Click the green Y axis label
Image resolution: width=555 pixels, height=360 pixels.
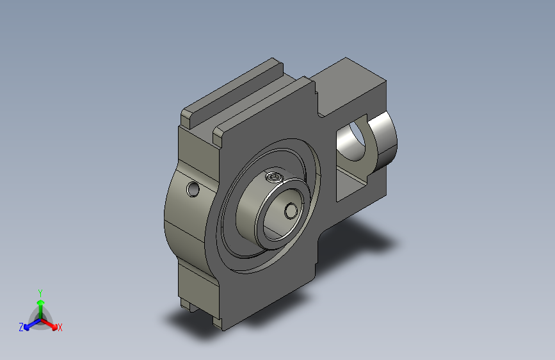pyautogui.click(x=40, y=293)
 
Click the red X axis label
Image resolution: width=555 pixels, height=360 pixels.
pyautogui.click(x=60, y=327)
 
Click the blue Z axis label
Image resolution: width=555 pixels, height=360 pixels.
pyautogui.click(x=21, y=327)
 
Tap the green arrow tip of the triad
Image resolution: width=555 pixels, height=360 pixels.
pyautogui.click(x=41, y=302)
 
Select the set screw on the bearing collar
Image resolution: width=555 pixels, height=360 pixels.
pyautogui.click(x=275, y=176)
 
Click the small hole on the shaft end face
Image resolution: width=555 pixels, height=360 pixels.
pyautogui.click(x=291, y=211)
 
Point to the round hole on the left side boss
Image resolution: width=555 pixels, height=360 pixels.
pyautogui.click(x=193, y=189)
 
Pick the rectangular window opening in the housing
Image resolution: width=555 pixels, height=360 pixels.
pyautogui.click(x=352, y=158)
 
